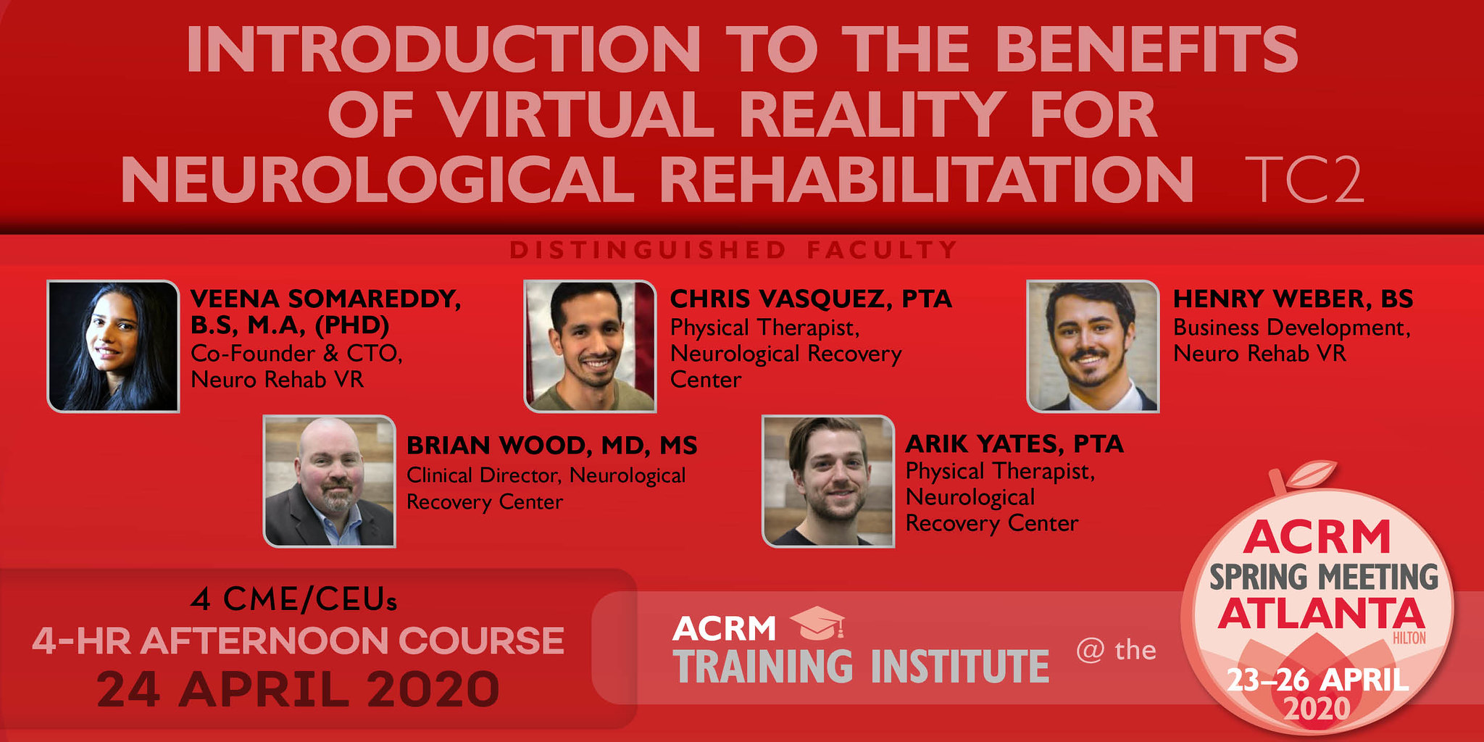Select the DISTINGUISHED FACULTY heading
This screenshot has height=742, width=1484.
pos(733,250)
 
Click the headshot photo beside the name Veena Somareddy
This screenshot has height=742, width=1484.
pos(113,346)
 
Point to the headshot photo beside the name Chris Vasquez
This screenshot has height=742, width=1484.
pos(591,346)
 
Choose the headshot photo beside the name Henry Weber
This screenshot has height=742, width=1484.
pos(1093,346)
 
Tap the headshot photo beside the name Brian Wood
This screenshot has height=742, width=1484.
pos(329,481)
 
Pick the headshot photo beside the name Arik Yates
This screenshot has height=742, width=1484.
pos(828,481)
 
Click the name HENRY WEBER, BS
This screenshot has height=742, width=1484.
pos(1293,299)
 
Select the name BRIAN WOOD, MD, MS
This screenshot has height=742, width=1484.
pos(551,445)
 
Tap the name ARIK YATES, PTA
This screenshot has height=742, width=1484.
pos(1014,443)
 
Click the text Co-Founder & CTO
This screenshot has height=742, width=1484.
pos(296,354)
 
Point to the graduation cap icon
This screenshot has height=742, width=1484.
pos(817,623)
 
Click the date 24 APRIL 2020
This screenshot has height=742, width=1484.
pos(299,689)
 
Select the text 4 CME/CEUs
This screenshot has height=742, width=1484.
pos(294,599)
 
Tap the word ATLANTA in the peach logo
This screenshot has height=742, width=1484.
pos(1320,614)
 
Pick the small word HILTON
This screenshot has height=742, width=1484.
pos(1409,638)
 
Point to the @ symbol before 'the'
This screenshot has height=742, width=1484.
pos(1090,650)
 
